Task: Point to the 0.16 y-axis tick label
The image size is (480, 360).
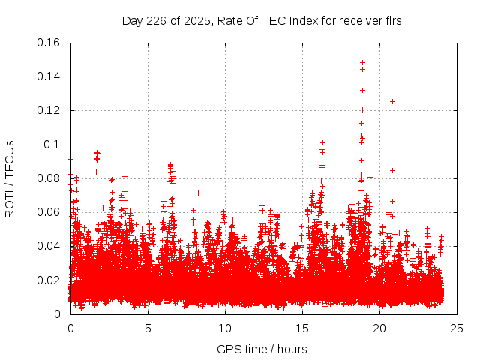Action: [49, 43]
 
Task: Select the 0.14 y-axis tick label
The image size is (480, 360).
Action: [49, 76]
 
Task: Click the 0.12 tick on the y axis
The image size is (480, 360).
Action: [49, 110]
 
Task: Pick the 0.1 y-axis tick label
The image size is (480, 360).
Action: [53, 145]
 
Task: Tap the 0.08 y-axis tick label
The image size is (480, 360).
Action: [49, 178]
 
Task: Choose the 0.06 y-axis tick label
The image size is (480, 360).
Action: [49, 212]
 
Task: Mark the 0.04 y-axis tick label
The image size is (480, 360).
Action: [49, 246]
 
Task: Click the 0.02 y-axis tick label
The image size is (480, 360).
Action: [49, 280]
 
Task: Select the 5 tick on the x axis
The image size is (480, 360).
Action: [148, 328]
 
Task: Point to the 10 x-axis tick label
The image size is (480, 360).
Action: [225, 328]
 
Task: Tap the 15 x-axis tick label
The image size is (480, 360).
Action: [302, 328]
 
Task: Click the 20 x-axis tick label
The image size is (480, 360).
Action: [379, 328]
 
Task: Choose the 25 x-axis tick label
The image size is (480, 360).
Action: [457, 328]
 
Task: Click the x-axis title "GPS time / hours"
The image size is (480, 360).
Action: [263, 349]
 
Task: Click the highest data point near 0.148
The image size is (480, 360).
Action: [362, 63]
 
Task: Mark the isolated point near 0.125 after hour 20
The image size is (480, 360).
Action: [392, 101]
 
